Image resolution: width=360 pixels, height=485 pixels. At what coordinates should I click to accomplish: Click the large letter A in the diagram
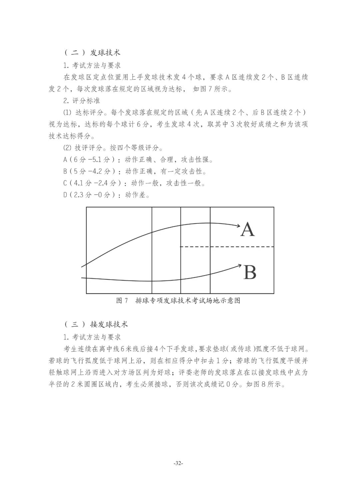click(x=247, y=229)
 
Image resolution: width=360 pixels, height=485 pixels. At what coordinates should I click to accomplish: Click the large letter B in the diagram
click(x=250, y=272)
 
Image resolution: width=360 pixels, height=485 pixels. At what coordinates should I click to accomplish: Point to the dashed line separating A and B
click(x=227, y=247)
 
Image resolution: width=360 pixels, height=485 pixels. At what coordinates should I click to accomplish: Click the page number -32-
click(x=179, y=463)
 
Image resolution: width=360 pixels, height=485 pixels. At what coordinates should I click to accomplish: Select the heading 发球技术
click(x=105, y=53)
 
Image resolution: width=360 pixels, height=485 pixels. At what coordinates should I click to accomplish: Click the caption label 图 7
click(x=122, y=300)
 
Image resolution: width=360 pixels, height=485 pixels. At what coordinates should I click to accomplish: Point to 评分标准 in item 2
click(x=86, y=100)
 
